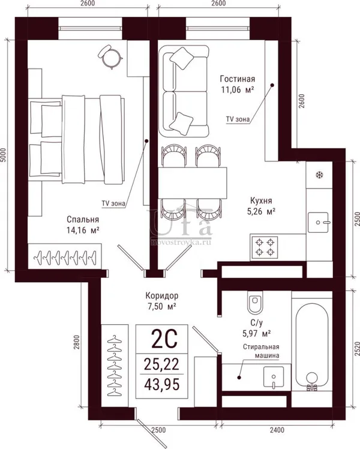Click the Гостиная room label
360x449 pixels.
tap(237, 79)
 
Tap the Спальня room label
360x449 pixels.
tap(83, 219)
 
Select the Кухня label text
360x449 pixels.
tap(261, 200)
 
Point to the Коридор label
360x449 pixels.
tap(161, 295)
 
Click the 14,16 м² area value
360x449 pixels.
tap(83, 231)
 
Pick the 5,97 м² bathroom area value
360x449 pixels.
tap(257, 334)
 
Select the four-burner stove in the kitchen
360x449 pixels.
tap(265, 247)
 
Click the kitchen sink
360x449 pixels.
tap(318, 222)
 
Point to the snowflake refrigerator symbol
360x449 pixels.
tap(319, 175)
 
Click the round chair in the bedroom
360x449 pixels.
tap(110, 56)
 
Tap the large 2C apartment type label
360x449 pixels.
tap(164, 339)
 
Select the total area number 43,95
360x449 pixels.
tap(162, 384)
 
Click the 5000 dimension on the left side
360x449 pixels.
tap(3, 155)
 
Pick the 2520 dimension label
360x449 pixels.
tap(357, 349)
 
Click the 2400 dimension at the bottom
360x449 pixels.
tap(277, 430)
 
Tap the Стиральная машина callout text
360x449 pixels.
tap(261, 351)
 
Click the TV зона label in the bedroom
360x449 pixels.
tap(113, 203)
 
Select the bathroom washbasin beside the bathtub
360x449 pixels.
tap(274, 378)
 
